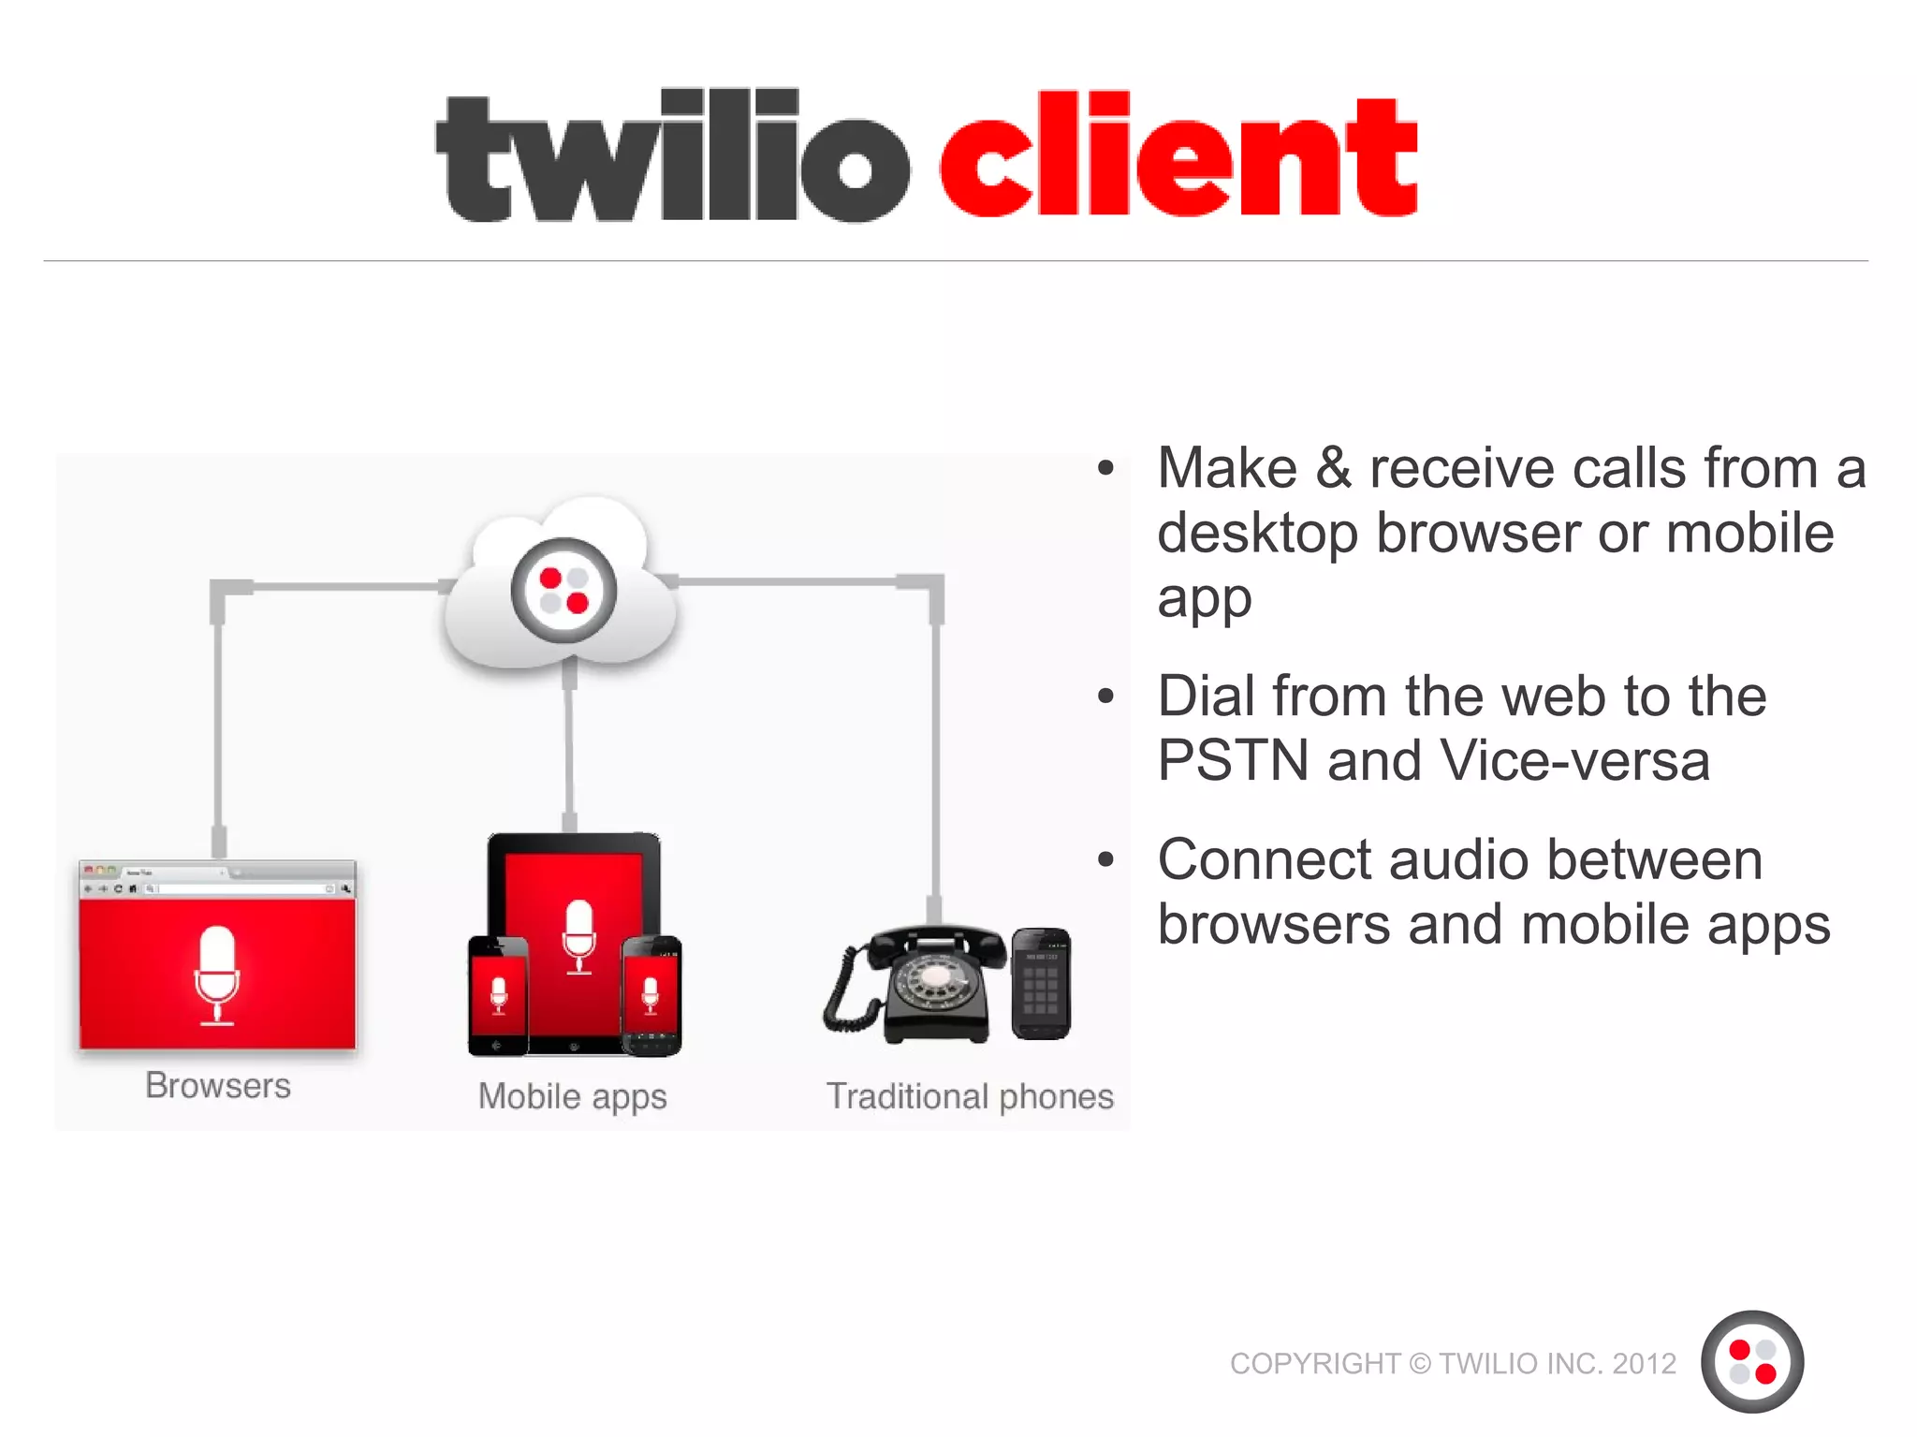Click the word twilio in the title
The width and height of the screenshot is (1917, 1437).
click(x=672, y=157)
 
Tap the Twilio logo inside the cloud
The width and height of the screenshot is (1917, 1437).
click(x=563, y=590)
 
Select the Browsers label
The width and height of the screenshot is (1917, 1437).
click(x=218, y=1086)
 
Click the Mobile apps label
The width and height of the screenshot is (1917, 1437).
click(x=572, y=1096)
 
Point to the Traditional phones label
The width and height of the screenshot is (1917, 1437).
click(x=970, y=1096)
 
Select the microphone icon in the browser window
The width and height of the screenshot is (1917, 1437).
click(x=217, y=975)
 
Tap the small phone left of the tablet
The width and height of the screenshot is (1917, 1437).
click(x=497, y=994)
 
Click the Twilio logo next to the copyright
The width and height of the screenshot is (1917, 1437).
click(x=1751, y=1361)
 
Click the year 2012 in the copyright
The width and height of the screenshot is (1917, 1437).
click(x=1644, y=1364)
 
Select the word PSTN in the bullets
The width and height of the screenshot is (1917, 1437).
click(x=1232, y=760)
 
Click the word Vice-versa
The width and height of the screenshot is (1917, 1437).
click(x=1574, y=760)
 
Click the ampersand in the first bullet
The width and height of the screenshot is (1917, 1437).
click(x=1333, y=468)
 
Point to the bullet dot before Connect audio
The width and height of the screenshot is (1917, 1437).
click(x=1106, y=859)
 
